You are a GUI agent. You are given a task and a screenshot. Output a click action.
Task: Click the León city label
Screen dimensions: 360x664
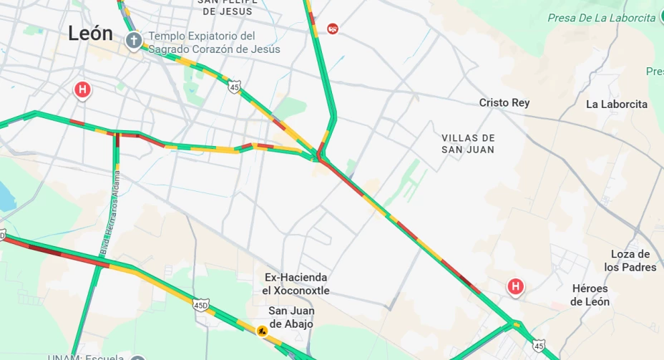pos(91,33)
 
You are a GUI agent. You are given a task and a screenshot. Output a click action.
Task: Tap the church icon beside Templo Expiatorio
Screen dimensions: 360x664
pos(133,41)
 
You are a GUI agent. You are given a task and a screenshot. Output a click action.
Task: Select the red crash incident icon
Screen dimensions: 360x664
pos(333,29)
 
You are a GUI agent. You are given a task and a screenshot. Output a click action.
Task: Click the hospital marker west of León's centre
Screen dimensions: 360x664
pos(83,90)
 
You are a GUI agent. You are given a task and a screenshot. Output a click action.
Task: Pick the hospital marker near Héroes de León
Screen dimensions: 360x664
pos(514,287)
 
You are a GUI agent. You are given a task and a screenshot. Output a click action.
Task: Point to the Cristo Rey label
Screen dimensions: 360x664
pos(504,103)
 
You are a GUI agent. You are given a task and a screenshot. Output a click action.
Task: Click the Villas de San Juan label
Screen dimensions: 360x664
pos(468,143)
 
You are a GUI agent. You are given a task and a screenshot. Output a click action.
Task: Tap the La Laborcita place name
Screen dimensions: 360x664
pos(616,104)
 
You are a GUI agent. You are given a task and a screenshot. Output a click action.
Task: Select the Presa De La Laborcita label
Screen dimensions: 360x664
pos(601,18)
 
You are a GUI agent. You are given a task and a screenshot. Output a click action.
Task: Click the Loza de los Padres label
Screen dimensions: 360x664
pos(630,261)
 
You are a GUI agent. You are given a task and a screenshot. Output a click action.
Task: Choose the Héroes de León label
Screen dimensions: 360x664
pos(590,295)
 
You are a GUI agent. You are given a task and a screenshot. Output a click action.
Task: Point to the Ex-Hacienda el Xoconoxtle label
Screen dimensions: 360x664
pos(296,283)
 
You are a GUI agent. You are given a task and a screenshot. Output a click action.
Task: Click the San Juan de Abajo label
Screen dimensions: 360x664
pos(291,317)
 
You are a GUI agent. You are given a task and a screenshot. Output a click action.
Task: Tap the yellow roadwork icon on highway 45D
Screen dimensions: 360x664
pos(263,331)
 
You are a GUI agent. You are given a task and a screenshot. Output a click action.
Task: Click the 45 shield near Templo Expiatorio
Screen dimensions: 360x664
pos(235,87)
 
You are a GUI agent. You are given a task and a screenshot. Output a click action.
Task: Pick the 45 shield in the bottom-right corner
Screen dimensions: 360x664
pos(539,346)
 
